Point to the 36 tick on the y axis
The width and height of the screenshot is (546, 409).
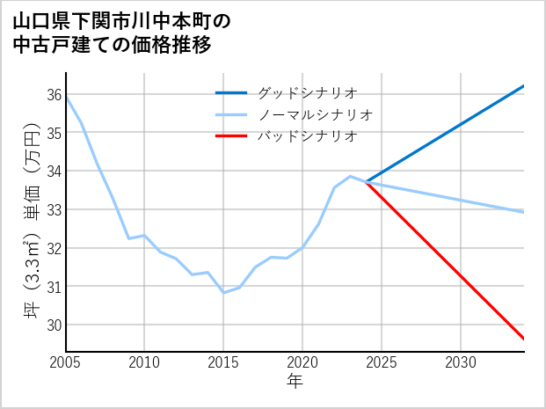54,95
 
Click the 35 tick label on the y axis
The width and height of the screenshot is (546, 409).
54,133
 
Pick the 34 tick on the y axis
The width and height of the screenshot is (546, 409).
54,172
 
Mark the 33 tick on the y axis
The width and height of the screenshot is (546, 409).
54,210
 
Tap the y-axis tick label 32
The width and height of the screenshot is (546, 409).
54,248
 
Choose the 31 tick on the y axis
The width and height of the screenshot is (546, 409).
54,287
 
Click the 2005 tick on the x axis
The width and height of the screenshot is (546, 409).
66,362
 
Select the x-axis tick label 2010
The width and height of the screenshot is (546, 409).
145,362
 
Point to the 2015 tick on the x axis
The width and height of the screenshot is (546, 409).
223,362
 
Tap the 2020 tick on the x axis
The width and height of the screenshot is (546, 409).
302,362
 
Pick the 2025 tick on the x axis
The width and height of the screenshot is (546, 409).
382,362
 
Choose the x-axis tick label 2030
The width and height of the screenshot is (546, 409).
461,362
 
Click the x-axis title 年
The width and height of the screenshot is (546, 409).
295,382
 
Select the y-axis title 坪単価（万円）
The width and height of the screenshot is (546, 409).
30,223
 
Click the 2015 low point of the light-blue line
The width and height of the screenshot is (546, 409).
223,292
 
